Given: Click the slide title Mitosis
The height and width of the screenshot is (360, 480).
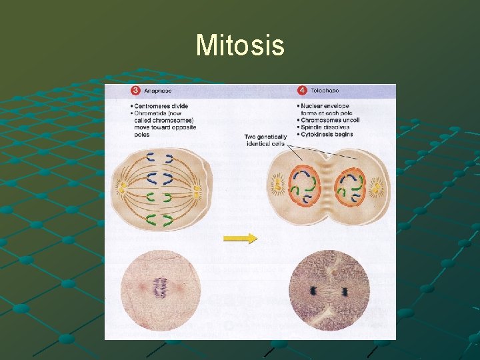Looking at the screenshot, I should tap(240, 45).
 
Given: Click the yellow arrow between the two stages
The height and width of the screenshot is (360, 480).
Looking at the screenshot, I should tap(240, 238).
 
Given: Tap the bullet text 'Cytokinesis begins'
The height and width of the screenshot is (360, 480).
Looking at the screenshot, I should tap(327, 135).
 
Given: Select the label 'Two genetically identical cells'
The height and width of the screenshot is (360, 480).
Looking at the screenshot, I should tap(266, 141).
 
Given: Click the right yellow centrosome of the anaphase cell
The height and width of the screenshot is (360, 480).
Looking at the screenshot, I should tap(197, 192).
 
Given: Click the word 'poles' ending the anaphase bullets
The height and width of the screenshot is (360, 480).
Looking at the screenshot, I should tap(141, 135).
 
